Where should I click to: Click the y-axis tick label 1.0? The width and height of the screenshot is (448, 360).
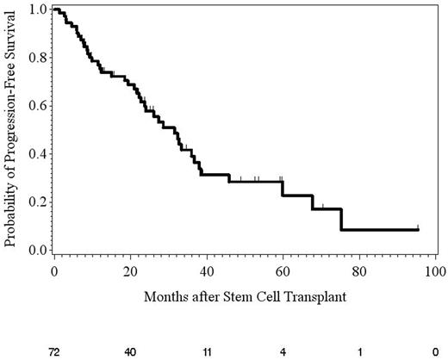34,9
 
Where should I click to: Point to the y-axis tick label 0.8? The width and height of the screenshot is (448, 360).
34,58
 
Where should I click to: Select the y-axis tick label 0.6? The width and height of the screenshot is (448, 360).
34,106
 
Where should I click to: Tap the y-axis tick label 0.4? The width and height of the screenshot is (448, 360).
34,154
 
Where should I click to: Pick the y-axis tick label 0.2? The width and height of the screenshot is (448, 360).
34,202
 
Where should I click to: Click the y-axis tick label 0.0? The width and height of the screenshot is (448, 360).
34,251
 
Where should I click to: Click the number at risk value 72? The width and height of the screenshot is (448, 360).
53,351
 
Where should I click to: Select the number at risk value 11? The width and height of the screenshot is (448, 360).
207,351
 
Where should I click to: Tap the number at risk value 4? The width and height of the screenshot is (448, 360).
283,351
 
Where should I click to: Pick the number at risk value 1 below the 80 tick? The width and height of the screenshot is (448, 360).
359,351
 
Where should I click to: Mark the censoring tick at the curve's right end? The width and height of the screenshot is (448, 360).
418,227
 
